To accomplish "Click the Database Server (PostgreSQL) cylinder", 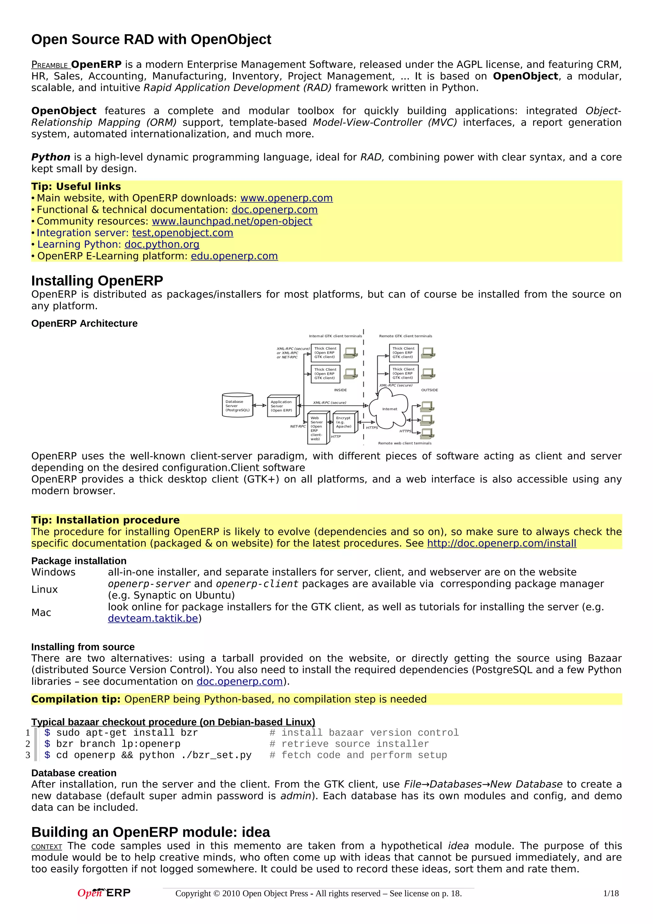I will click(x=237, y=405).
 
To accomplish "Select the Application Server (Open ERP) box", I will click(x=283, y=406).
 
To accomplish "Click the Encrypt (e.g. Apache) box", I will click(x=345, y=422).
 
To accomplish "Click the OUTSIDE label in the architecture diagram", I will click(x=429, y=390).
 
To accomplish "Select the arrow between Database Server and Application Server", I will click(x=260, y=406).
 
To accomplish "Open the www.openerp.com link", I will click(x=286, y=198).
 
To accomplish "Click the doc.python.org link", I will click(x=162, y=244).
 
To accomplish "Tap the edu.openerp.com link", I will click(x=234, y=256).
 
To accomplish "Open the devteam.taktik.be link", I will click(x=153, y=618).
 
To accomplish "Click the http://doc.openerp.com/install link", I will click(x=501, y=543).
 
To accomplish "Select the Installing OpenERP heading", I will click(x=97, y=281).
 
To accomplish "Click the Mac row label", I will click(x=41, y=612).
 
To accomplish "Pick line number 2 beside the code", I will click(x=28, y=744).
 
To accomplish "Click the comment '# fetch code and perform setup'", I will click(x=358, y=755).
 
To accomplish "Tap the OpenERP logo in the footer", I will click(x=104, y=893).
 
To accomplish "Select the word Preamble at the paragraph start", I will click(x=50, y=65).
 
